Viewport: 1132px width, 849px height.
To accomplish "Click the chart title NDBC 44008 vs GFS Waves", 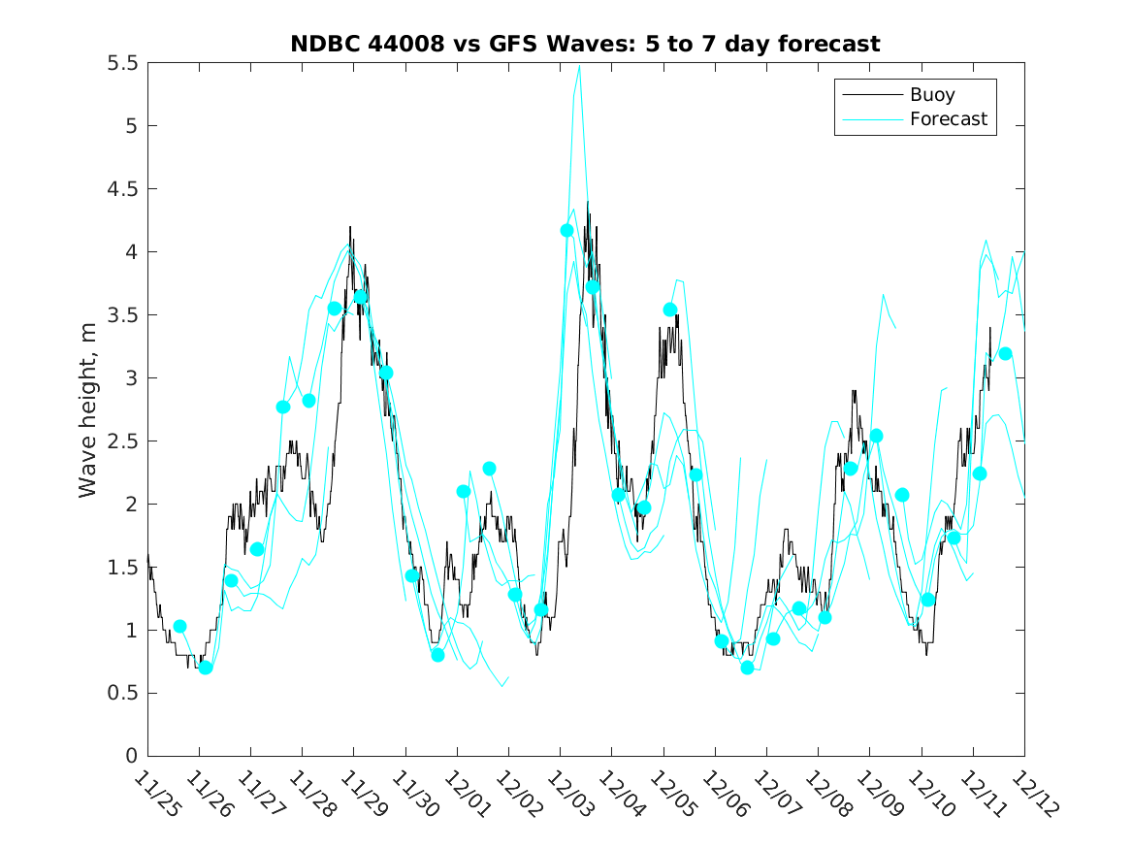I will (585, 45).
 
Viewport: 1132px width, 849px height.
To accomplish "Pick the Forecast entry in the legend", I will (948, 119).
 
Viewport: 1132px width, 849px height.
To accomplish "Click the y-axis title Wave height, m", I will (88, 408).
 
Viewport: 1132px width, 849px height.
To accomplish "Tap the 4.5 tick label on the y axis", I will (122, 189).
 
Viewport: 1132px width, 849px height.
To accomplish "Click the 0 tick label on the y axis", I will (131, 756).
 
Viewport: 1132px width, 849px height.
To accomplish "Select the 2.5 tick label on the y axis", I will (122, 441).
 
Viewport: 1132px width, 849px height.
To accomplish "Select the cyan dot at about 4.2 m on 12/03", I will (567, 230).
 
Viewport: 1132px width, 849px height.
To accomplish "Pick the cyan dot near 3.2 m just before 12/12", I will (1005, 353).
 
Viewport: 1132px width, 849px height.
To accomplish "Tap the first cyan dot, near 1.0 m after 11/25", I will (179, 626).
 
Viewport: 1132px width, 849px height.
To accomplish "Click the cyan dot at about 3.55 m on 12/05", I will (670, 310).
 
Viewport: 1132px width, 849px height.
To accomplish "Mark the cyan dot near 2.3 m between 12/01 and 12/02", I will (489, 469).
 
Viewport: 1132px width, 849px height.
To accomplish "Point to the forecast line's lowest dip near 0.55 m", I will (502, 686).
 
